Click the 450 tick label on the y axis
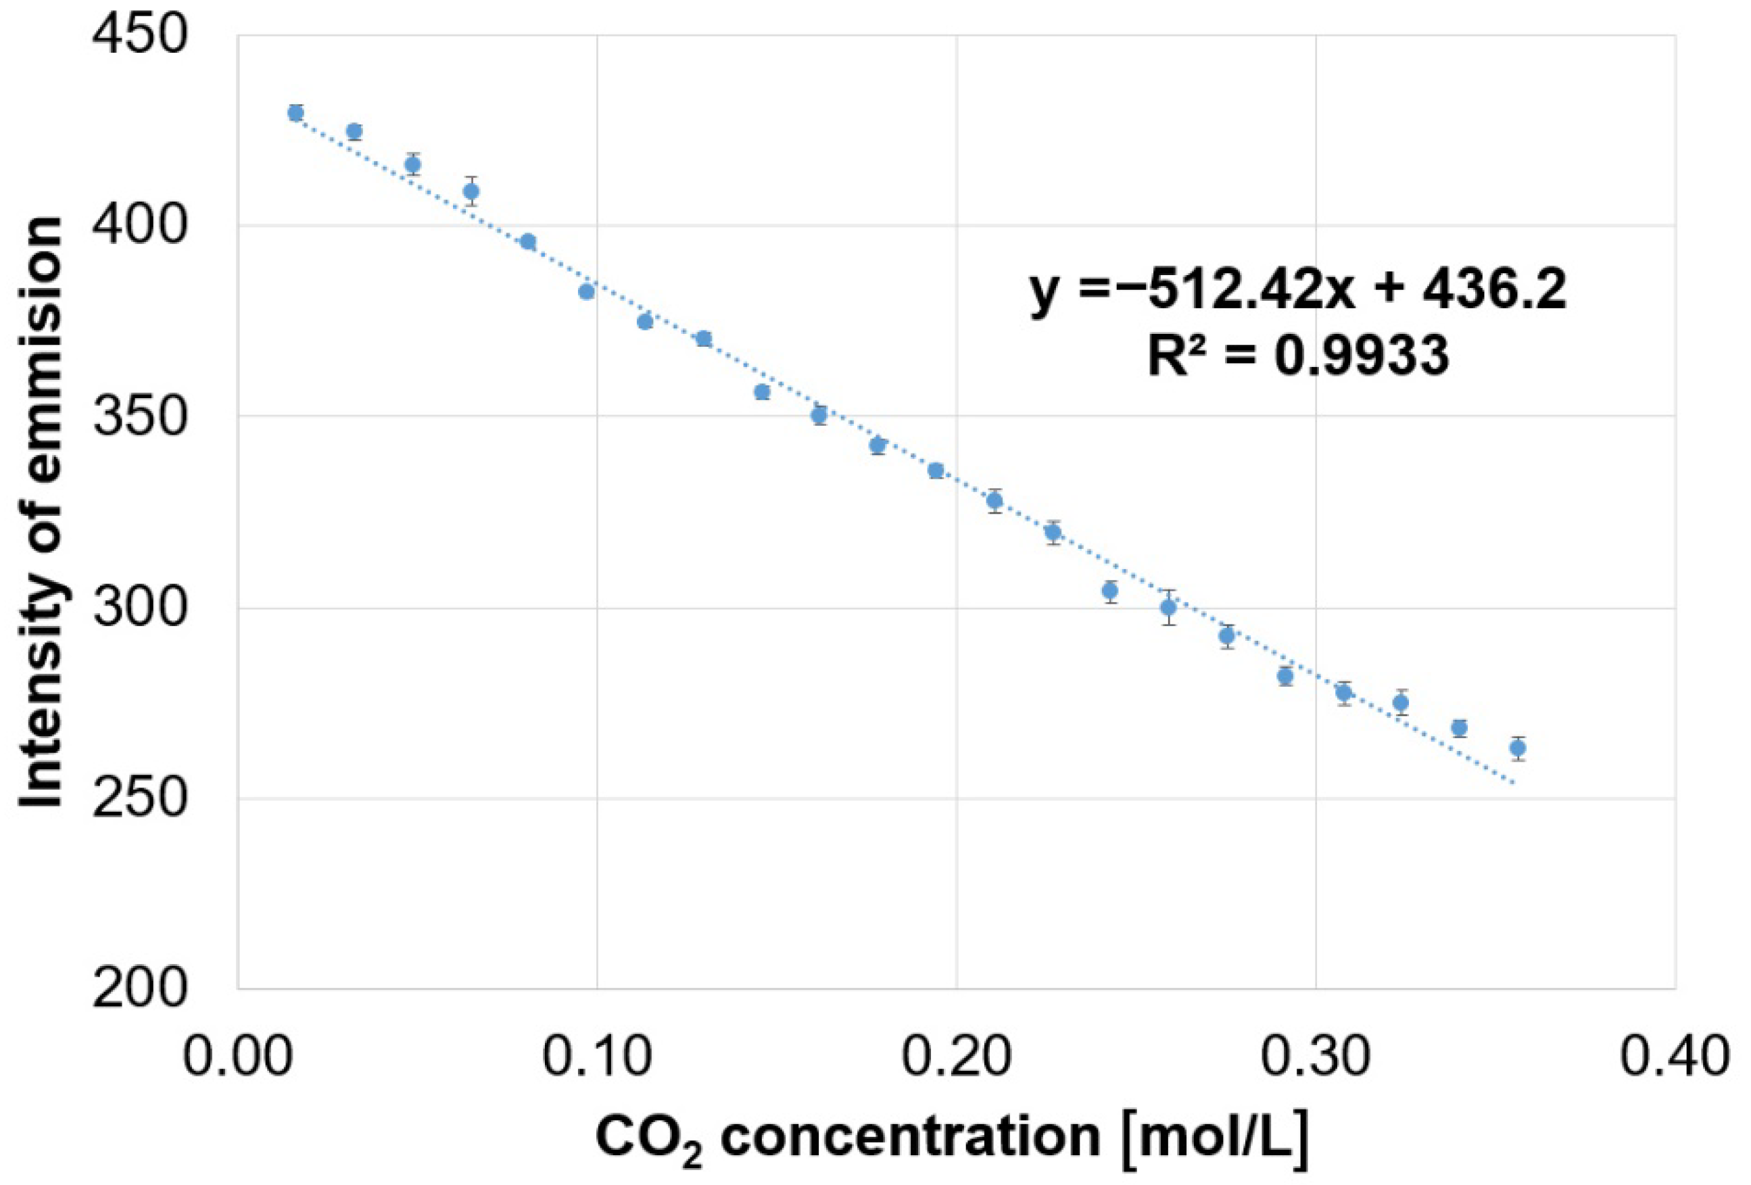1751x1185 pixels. coord(139,35)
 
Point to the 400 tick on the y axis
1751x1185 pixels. coord(139,226)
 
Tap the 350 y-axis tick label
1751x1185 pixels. coord(139,416)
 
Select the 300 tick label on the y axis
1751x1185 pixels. coord(139,607)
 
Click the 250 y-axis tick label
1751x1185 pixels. coord(139,798)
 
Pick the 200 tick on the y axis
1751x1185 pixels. coord(139,988)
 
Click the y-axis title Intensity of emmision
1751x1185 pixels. coord(41,512)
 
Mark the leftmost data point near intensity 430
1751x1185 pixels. coord(295,113)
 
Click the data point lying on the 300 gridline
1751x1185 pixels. coord(1168,607)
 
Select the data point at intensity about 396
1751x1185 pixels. coord(527,242)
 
